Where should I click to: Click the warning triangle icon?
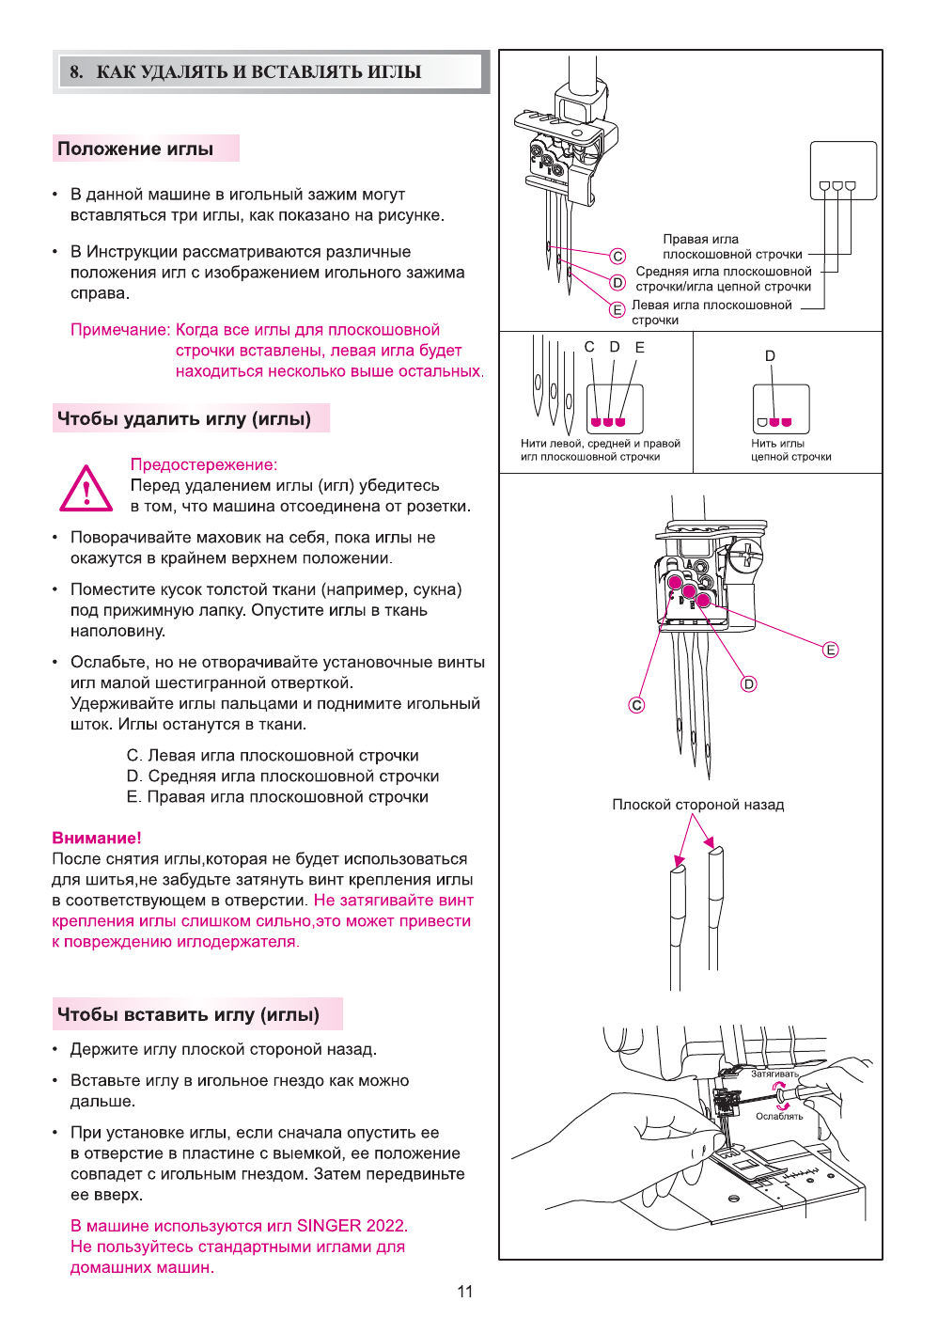(86, 489)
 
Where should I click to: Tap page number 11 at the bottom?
(465, 1291)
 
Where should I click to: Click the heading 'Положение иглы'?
(135, 149)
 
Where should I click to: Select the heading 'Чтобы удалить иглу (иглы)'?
(184, 418)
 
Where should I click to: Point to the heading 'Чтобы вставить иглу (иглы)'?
(188, 1014)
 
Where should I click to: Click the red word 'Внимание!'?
(97, 838)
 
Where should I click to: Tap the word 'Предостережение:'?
(204, 464)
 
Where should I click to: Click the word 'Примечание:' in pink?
(120, 330)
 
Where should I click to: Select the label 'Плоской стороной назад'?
(697, 805)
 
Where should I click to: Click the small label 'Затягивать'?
(774, 1074)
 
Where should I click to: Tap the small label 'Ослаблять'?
(779, 1116)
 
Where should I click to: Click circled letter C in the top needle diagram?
(618, 256)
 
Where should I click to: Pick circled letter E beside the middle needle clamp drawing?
(830, 650)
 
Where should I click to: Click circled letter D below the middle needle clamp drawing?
(748, 683)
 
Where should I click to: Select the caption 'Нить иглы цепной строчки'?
(790, 450)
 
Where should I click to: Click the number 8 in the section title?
(75, 71)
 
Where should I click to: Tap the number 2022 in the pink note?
(385, 1226)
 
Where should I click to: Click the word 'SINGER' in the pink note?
(329, 1226)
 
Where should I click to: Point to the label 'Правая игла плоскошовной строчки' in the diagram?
(732, 246)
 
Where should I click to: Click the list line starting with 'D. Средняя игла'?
(283, 776)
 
